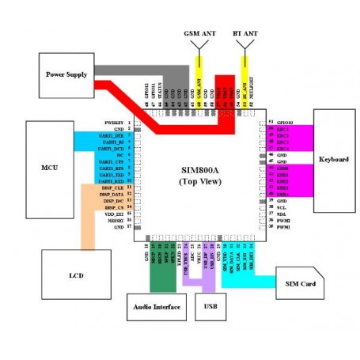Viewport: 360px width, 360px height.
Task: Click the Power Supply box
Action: (x=68, y=73)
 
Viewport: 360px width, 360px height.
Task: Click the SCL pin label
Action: (x=281, y=207)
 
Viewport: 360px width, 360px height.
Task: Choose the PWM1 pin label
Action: (x=282, y=227)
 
